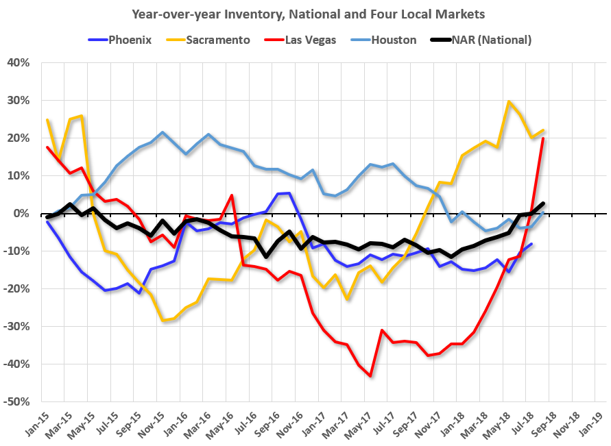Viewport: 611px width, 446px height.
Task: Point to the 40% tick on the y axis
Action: pyautogui.click(x=18, y=63)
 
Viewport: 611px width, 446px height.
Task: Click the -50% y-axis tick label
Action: pyautogui.click(x=17, y=401)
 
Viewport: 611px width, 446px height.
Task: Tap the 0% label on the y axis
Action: pyautogui.click(x=23, y=213)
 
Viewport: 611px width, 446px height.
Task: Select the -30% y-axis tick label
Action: pyautogui.click(x=17, y=326)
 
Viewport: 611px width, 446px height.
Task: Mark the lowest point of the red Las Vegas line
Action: pyautogui.click(x=371, y=376)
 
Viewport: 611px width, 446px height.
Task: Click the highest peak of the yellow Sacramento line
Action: pyautogui.click(x=509, y=102)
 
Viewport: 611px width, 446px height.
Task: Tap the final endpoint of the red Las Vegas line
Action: pyautogui.click(x=543, y=138)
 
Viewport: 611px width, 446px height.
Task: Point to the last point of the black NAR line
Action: pyautogui.click(x=543, y=203)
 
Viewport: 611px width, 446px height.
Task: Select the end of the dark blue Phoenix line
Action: pyautogui.click(x=531, y=244)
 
